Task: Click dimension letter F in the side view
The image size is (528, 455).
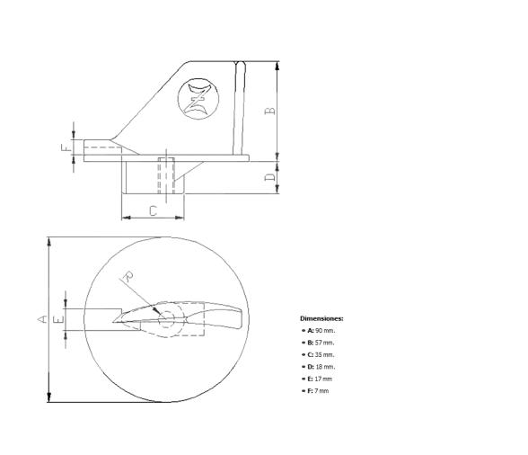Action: (65, 147)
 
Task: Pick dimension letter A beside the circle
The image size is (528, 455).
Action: (40, 318)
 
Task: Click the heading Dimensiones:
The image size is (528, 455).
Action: (321, 318)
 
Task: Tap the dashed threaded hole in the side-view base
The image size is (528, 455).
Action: (165, 175)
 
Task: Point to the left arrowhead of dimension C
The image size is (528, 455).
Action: (125, 217)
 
